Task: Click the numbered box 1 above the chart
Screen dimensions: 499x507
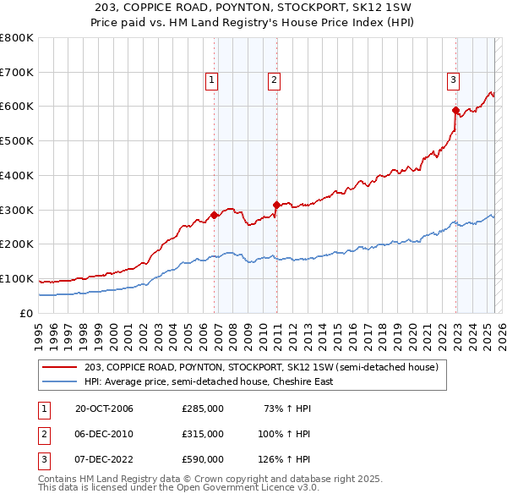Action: (210, 81)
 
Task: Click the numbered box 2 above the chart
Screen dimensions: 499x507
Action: (275, 81)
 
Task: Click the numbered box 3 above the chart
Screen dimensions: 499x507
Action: (453, 81)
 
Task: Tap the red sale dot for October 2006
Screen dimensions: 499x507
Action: (215, 215)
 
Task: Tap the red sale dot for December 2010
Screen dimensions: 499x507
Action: (276, 204)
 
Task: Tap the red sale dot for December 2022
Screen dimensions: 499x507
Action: (455, 110)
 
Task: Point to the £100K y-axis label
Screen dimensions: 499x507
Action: (19, 278)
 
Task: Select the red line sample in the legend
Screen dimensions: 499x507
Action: (60, 368)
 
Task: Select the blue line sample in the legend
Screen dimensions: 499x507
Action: (60, 381)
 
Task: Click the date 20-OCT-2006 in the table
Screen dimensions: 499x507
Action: (104, 409)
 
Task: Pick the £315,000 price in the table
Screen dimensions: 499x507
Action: (203, 434)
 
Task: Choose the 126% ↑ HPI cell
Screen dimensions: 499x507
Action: (285, 459)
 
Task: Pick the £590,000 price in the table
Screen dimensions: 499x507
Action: (203, 459)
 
